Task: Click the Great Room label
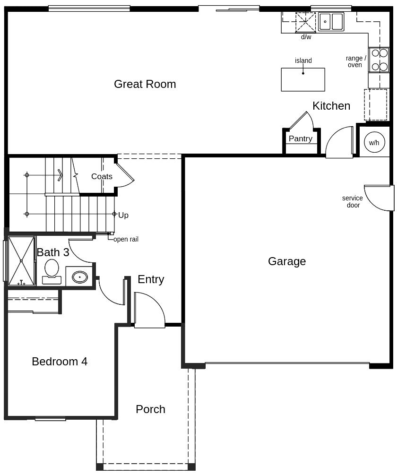click(145, 84)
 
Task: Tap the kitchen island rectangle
click(303, 80)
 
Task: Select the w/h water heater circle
click(374, 142)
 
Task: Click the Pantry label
click(301, 138)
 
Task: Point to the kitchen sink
click(331, 22)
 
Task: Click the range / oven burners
click(379, 60)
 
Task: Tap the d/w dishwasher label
click(306, 37)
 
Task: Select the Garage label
click(287, 261)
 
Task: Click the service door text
click(353, 201)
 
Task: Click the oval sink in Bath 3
click(80, 277)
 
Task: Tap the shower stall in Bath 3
click(21, 261)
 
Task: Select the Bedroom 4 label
click(60, 362)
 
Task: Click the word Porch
click(150, 409)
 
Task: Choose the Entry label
click(151, 279)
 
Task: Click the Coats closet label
click(102, 176)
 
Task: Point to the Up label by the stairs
click(123, 215)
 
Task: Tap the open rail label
click(126, 239)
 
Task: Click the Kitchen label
click(331, 106)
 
